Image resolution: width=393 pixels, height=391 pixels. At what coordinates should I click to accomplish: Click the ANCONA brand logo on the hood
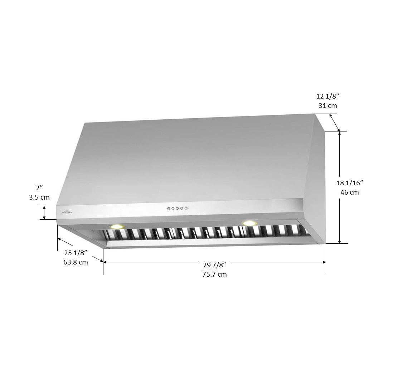[67, 212]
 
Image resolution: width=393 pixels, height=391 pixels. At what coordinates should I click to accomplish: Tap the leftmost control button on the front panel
[169, 208]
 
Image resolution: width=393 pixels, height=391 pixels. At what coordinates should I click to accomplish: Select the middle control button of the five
[177, 208]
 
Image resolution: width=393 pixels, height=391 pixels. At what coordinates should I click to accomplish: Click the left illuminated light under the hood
[117, 227]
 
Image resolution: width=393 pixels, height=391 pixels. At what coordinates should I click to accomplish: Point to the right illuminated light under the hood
[249, 223]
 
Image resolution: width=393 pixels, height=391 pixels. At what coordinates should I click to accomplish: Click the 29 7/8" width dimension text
[214, 264]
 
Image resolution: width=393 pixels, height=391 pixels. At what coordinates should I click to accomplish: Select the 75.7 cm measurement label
[214, 274]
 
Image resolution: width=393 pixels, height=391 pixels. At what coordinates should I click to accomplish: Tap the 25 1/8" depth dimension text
[76, 253]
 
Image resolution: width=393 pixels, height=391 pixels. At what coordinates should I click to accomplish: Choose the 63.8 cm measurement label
[76, 262]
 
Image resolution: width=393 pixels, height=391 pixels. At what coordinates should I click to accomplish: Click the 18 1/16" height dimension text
[350, 183]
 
